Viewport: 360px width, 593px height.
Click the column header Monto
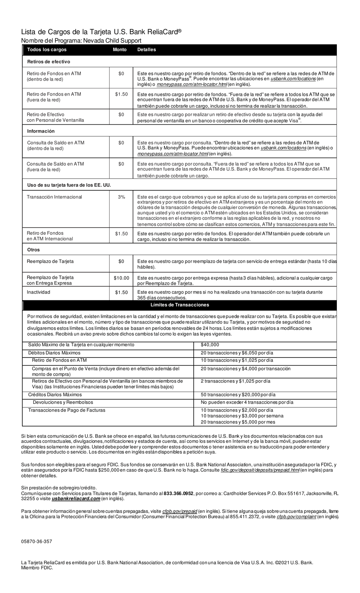click(120, 50)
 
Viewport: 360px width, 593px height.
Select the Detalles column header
click(146, 50)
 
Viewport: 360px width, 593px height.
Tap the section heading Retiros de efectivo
click(49, 61)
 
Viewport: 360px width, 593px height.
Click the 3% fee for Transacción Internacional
click(121, 197)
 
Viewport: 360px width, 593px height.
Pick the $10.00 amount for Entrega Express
click(121, 278)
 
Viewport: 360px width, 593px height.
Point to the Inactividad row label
click(38, 292)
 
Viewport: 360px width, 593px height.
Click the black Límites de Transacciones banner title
click(180, 305)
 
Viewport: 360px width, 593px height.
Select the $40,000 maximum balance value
click(210, 345)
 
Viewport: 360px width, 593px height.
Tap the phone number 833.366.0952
click(178, 493)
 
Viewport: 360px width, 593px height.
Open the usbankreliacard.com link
click(73, 499)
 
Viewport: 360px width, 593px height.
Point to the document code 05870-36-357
click(37, 541)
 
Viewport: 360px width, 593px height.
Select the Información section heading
click(41, 131)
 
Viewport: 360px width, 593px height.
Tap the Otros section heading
click(33, 250)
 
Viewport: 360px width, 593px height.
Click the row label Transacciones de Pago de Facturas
click(67, 410)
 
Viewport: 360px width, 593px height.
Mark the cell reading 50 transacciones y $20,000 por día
click(238, 395)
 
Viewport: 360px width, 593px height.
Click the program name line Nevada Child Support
click(81, 41)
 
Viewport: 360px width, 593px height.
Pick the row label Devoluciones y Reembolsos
click(63, 402)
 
